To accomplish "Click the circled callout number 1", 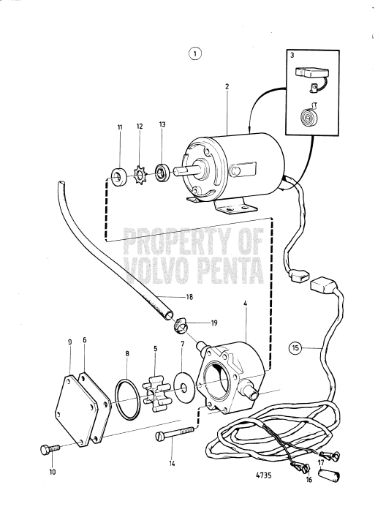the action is pos(194,53).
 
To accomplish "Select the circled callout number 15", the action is pos(295,348).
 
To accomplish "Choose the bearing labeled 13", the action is pos(162,173).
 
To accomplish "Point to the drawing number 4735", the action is pos(263,484).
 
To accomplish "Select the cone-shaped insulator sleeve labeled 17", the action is pos(330,473).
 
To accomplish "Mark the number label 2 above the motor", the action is pos(227,86).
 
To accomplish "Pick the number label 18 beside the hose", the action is pos(189,297).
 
